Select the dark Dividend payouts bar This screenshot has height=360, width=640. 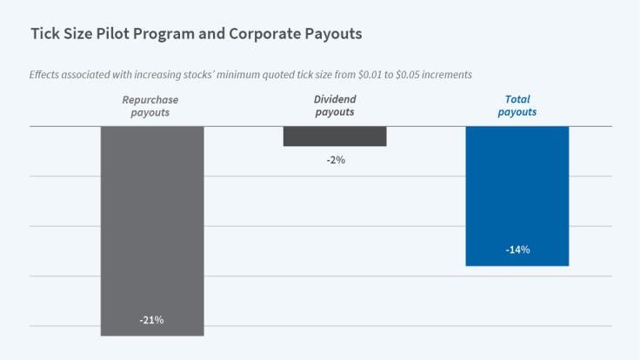(335, 136)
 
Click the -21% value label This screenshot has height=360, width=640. (151, 320)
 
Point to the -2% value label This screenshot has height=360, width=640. (335, 159)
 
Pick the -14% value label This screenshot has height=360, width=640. (517, 250)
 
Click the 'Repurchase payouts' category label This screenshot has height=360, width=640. (150, 106)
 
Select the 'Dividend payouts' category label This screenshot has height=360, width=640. (335, 106)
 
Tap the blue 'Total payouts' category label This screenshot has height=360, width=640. (517, 106)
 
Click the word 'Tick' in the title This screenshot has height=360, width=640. (44, 35)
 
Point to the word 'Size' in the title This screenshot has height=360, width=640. (77, 35)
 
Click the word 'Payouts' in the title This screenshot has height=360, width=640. (331, 35)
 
